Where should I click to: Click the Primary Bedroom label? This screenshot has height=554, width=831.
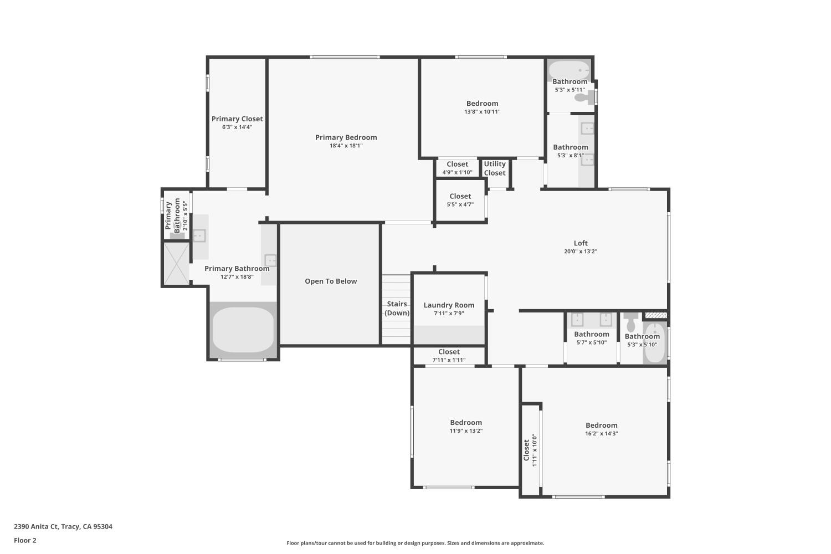click(346, 137)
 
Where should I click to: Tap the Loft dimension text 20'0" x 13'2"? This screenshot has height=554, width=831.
click(580, 252)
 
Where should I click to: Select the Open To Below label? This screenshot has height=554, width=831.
click(331, 281)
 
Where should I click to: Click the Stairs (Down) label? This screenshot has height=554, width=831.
click(397, 309)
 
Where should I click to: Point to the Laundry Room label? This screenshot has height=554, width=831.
click(449, 305)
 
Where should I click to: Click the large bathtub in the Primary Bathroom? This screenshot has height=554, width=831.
click(243, 330)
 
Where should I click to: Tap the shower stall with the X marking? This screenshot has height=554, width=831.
click(176, 263)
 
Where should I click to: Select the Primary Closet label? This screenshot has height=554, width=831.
click(237, 119)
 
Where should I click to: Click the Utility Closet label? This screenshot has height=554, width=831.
click(495, 168)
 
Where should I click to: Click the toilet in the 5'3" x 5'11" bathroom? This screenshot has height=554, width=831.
click(583, 98)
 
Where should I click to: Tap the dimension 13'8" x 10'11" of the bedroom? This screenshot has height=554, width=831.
click(482, 112)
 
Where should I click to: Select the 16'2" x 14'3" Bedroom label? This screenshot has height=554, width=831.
click(601, 425)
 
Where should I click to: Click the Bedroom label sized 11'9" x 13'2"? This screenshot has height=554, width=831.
click(466, 423)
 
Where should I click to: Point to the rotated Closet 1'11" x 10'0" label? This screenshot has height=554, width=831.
click(526, 450)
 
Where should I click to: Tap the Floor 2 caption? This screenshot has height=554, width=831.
click(25, 540)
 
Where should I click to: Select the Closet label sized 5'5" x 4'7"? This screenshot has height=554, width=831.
click(460, 196)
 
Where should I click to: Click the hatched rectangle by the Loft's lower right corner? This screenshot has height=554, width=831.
click(655, 316)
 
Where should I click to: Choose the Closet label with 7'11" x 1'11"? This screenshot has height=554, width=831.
click(449, 352)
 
